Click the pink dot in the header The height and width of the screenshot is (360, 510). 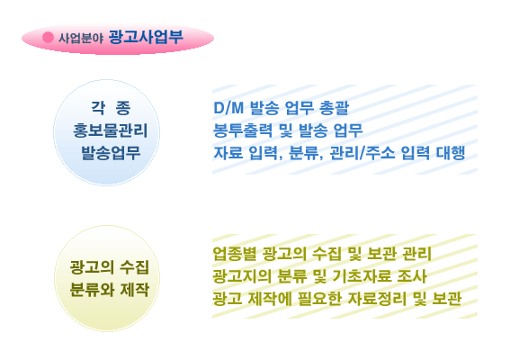point(48,37)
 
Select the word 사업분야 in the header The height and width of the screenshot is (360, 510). point(81,38)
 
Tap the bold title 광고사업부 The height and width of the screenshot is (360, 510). point(146,37)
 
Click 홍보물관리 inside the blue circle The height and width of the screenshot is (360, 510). point(111,130)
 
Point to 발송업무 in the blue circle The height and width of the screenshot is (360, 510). point(111,153)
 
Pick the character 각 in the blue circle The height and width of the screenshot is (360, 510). point(97,107)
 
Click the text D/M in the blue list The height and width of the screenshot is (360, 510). point(228,108)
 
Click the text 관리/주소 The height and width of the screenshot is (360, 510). point(362,153)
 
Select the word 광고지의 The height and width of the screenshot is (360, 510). point(242,276)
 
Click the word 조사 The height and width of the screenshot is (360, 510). point(412,276)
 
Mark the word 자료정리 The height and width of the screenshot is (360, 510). point(377,299)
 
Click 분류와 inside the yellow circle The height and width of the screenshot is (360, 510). point(92,289)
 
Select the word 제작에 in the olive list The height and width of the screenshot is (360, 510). point(270,299)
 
